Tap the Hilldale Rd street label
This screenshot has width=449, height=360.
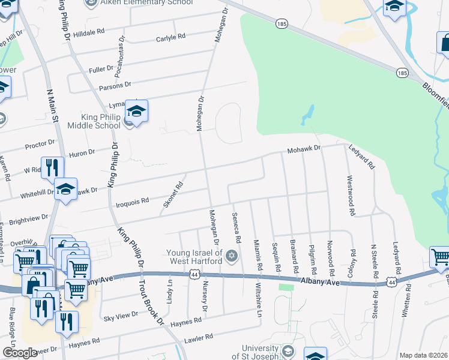pyautogui.click(x=88, y=33)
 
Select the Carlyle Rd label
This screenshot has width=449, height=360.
pyautogui.click(x=167, y=37)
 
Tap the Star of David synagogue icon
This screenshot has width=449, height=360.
pyautogui.click(x=231, y=257)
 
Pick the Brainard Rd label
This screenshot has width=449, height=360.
pyautogui.click(x=295, y=254)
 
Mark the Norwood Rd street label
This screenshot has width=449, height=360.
pyautogui.click(x=330, y=254)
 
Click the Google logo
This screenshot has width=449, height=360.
pyautogui.click(x=20, y=353)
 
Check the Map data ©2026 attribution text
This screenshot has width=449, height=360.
pyautogui.click(x=423, y=355)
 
